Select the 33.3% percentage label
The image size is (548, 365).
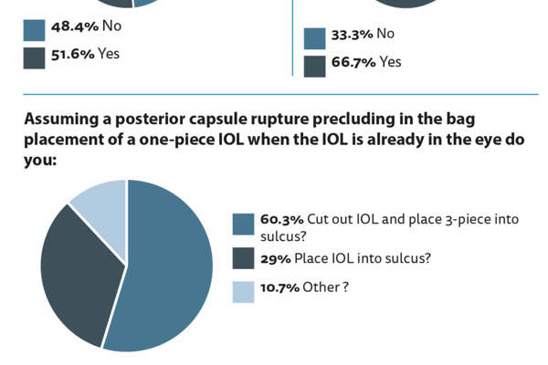tap(352, 35)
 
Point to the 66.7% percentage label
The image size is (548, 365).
tap(352, 62)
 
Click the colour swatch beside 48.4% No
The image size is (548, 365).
tap(34, 29)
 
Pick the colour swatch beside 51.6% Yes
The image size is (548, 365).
tap(34, 57)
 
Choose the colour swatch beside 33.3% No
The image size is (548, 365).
tap(314, 38)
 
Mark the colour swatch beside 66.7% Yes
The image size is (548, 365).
tap(314, 66)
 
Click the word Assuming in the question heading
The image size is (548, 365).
tap(63, 120)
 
